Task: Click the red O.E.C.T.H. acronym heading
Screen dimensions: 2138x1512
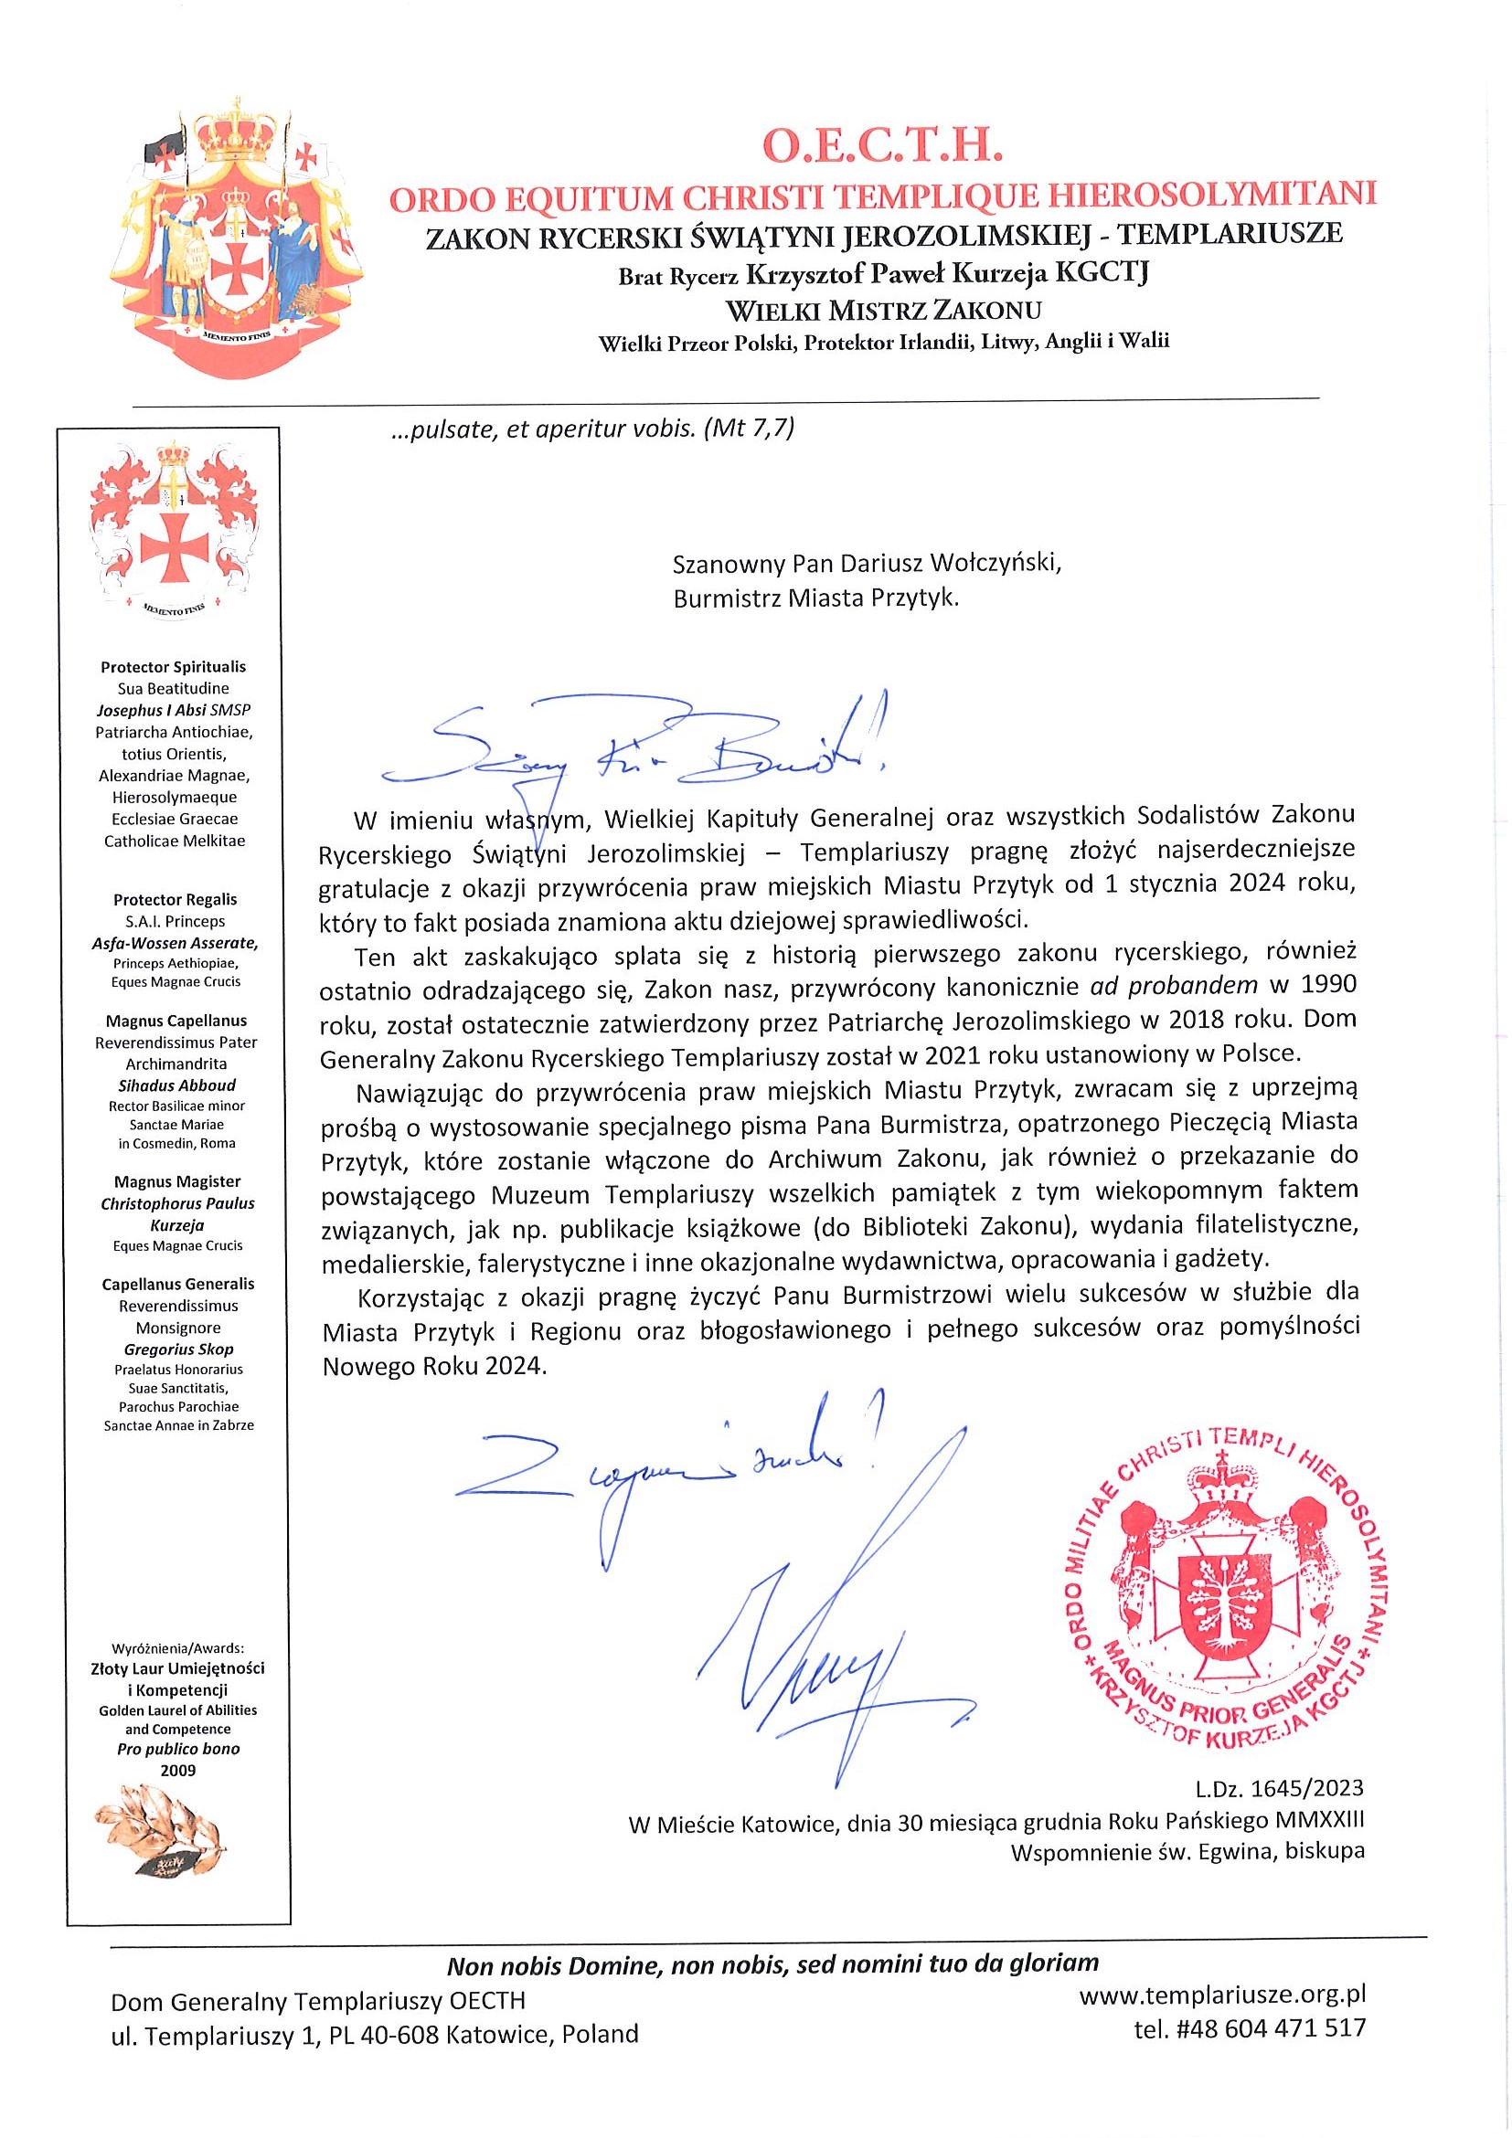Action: coord(882,147)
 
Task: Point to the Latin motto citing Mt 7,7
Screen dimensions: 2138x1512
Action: coord(591,429)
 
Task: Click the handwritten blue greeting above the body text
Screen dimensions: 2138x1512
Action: coord(634,749)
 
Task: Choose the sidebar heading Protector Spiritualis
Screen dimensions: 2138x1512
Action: coord(174,667)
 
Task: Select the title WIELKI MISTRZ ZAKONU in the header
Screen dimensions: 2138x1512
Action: coord(883,309)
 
